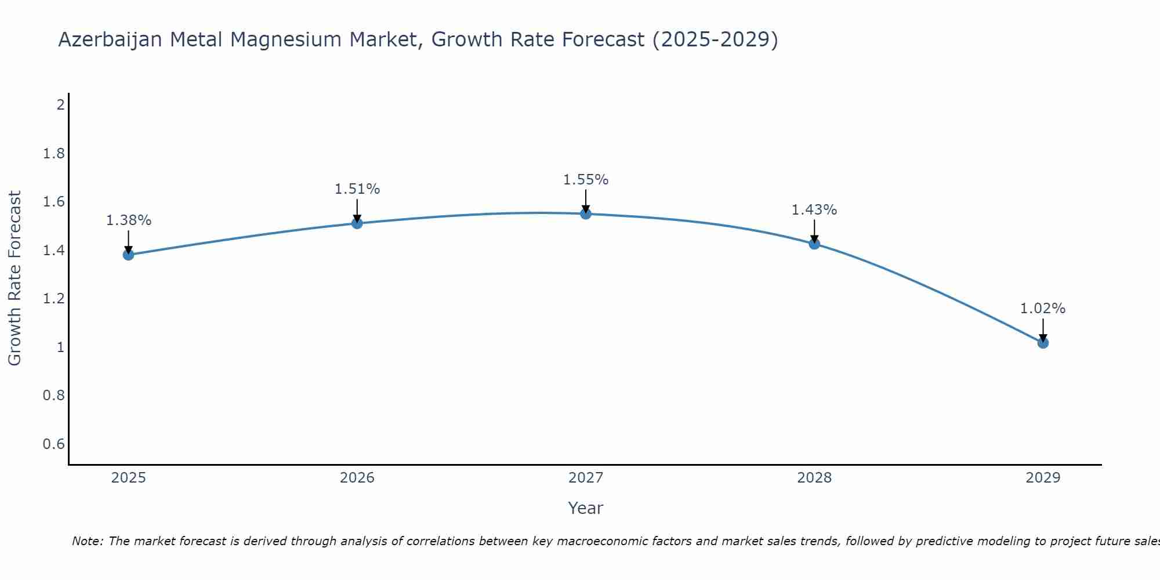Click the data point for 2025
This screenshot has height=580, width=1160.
click(128, 255)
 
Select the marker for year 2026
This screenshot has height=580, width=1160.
click(357, 223)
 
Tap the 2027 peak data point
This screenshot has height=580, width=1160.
click(586, 213)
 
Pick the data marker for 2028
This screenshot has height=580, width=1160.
click(814, 244)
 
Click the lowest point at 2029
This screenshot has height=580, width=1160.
click(1043, 343)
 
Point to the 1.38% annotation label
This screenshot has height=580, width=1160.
click(128, 220)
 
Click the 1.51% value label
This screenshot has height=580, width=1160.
click(357, 189)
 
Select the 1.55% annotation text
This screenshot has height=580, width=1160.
click(586, 180)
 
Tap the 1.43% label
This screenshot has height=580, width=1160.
click(814, 210)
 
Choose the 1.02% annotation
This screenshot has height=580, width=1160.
click(1043, 309)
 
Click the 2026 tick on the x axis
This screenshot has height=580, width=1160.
click(357, 478)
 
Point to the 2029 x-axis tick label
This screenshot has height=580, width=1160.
click(1043, 478)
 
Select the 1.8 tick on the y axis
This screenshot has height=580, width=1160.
click(54, 154)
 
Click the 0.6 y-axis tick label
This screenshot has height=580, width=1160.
click(54, 444)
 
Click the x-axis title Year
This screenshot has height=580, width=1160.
click(586, 508)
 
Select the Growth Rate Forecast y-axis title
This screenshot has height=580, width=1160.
click(14, 278)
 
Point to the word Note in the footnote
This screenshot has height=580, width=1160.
click(87, 541)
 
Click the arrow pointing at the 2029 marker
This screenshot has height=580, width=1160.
click(1043, 329)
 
